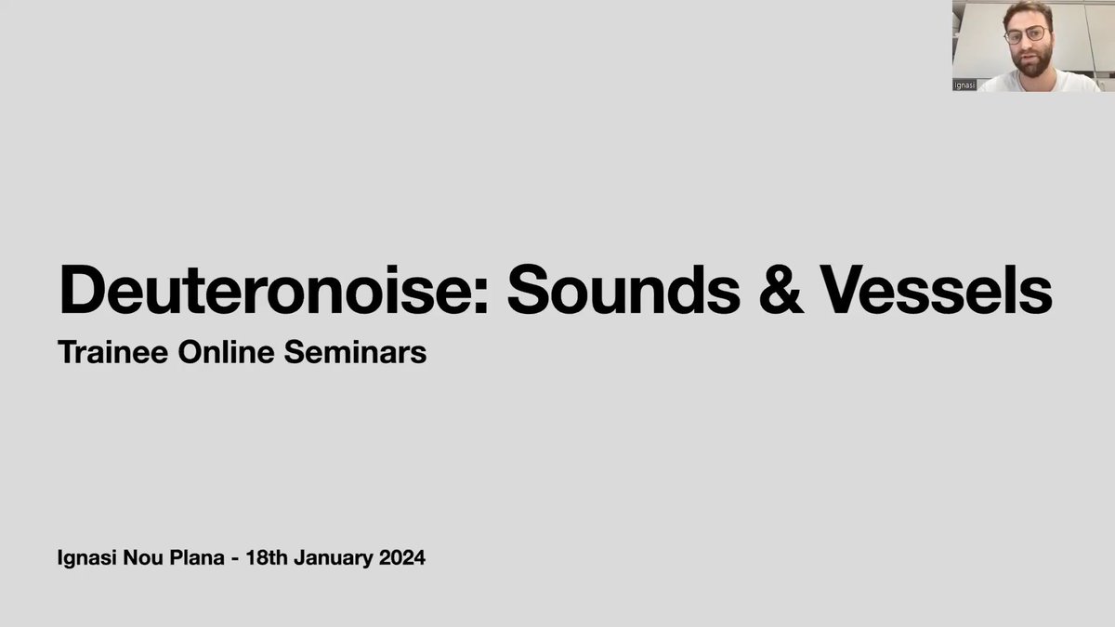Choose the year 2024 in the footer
tap(399, 559)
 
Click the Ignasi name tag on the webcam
tap(964, 85)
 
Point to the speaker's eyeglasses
tap(1026, 35)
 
